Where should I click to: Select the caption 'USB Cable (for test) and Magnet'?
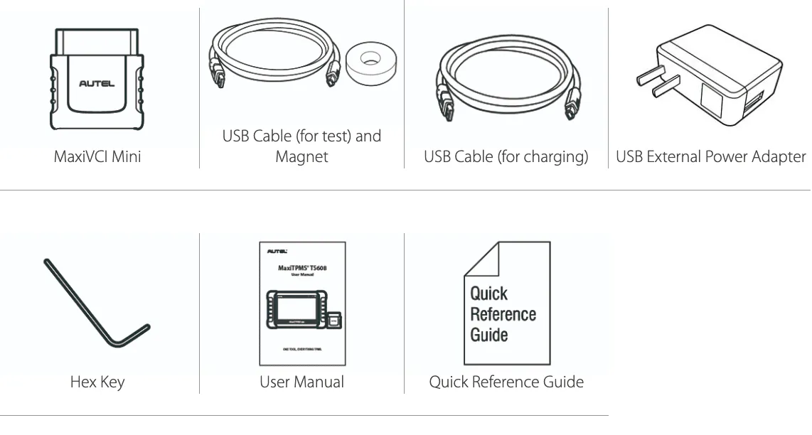click(x=302, y=146)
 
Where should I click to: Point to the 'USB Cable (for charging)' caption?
click(x=506, y=156)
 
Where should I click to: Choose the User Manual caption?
click(x=302, y=382)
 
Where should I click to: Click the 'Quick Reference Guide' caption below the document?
click(x=506, y=382)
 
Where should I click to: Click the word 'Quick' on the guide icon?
click(x=489, y=294)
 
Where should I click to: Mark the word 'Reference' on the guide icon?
click(x=503, y=313)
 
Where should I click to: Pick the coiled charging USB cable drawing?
click(x=506, y=78)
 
